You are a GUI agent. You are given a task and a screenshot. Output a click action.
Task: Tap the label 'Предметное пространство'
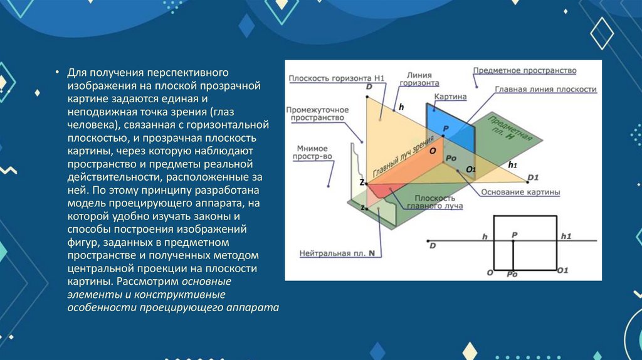tap(525, 71)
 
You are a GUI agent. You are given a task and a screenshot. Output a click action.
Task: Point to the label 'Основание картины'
tap(521, 192)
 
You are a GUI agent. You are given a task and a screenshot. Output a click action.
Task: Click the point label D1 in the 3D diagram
tap(533, 177)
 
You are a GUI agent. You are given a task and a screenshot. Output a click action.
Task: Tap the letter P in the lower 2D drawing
tap(514, 234)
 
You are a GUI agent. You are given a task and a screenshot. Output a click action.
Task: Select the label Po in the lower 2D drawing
tap(512, 274)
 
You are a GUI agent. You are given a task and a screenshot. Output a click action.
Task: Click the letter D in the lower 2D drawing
tap(433, 246)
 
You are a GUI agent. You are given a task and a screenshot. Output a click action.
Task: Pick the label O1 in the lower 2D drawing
tap(562, 271)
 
